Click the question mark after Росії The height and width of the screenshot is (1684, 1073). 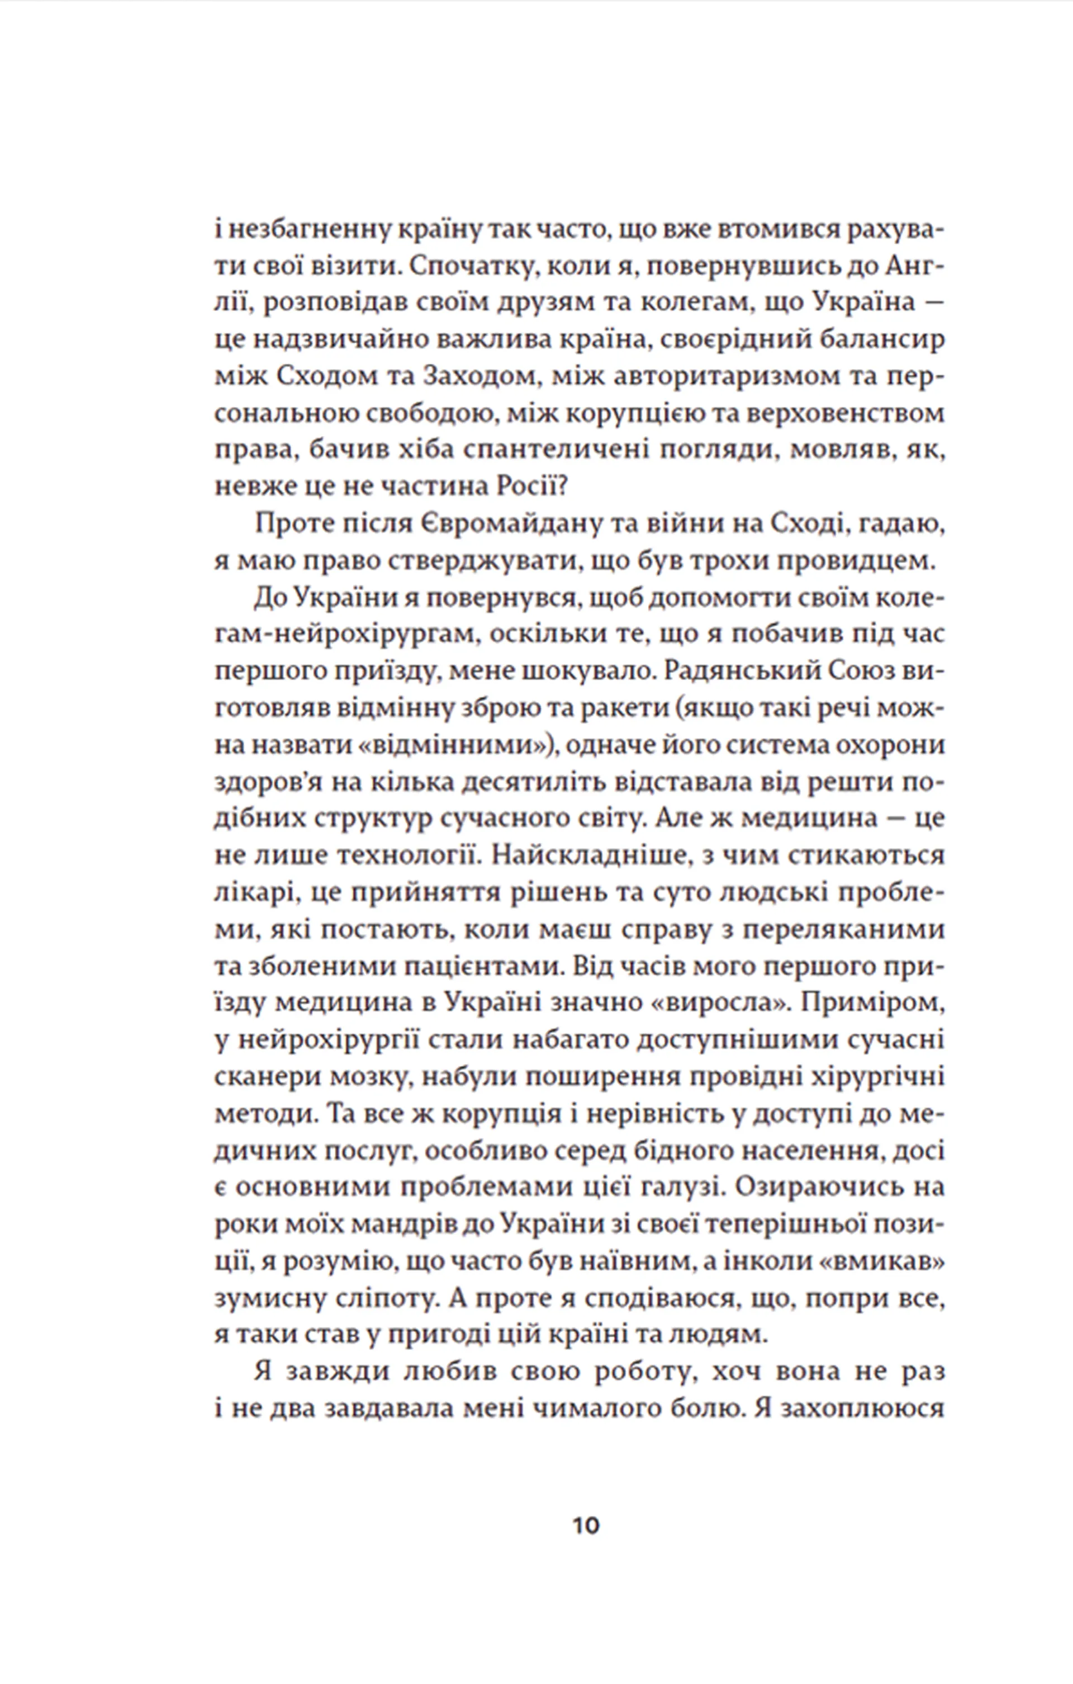coord(563,488)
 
